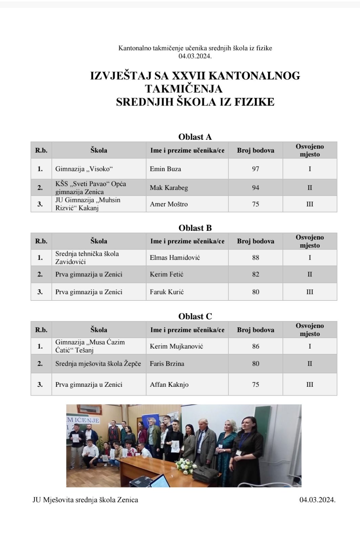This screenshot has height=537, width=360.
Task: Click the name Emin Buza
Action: coord(165,169)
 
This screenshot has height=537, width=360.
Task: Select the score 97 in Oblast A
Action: coord(255,169)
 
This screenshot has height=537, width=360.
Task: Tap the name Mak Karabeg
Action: coord(169,188)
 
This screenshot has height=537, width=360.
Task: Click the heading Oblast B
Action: coord(195,228)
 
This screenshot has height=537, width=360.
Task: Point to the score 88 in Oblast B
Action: coord(255,258)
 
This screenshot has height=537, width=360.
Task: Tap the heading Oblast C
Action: coord(195,316)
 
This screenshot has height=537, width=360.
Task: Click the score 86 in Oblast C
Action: coord(255,346)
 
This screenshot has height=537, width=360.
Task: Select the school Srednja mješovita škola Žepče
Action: coord(98,364)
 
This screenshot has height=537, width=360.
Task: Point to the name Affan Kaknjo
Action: coord(169,384)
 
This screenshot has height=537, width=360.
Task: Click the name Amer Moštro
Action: coord(169,204)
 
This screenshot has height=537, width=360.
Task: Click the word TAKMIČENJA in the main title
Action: coord(184,89)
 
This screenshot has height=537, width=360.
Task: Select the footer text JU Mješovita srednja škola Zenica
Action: coord(85,500)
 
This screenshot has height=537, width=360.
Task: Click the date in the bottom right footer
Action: coord(317,500)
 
